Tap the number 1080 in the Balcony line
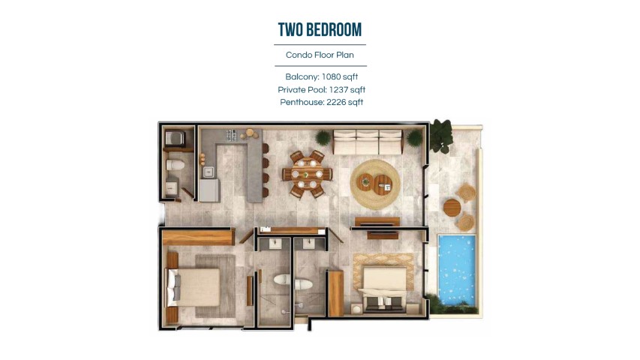[x=331, y=76]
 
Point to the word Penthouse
[x=302, y=103]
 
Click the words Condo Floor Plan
[x=320, y=55]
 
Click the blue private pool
[x=457, y=270]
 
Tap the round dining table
[x=307, y=174]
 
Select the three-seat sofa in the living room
[x=368, y=142]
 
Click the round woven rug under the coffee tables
[x=374, y=184]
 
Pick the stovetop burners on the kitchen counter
[x=231, y=135]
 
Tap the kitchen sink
[x=209, y=172]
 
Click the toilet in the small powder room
[x=175, y=165]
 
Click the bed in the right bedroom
[x=383, y=289]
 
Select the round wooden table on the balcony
[x=452, y=208]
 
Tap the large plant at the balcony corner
[x=441, y=136]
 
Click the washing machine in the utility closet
[x=175, y=138]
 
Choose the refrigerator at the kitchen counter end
[x=210, y=190]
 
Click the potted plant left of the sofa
[x=323, y=137]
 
